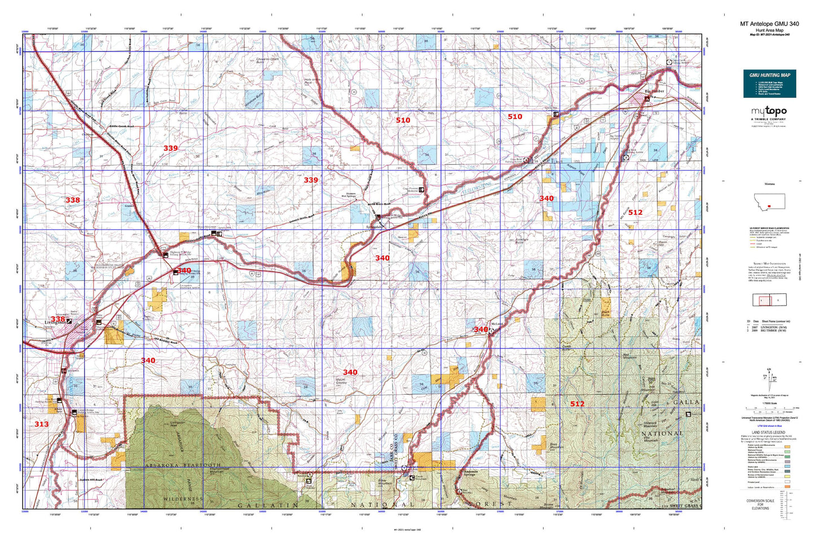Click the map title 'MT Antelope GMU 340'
[769, 24]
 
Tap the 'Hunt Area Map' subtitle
[769, 30]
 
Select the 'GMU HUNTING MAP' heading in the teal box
[769, 75]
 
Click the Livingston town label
[55, 323]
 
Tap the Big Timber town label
[654, 90]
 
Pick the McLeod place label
[496, 324]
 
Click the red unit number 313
[41, 424]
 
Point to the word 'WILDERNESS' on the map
[182, 499]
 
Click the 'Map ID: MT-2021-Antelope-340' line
[769, 34]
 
